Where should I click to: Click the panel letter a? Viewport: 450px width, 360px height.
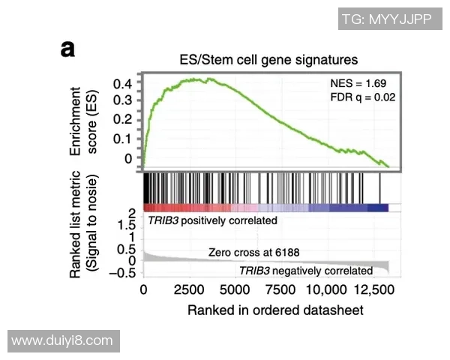click(68, 50)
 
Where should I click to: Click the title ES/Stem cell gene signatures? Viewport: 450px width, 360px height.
click(268, 58)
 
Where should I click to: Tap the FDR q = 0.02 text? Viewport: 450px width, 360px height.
click(362, 97)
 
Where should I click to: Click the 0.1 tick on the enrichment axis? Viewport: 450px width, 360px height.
click(123, 139)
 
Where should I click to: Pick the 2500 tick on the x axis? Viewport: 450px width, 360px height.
click(189, 289)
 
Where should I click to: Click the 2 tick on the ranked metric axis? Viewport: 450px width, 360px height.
click(132, 214)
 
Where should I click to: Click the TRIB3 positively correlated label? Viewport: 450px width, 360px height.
click(212, 221)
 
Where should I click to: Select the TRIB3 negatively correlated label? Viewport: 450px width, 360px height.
click(305, 270)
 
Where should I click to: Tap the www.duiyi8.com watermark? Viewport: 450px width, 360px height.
click(62, 340)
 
